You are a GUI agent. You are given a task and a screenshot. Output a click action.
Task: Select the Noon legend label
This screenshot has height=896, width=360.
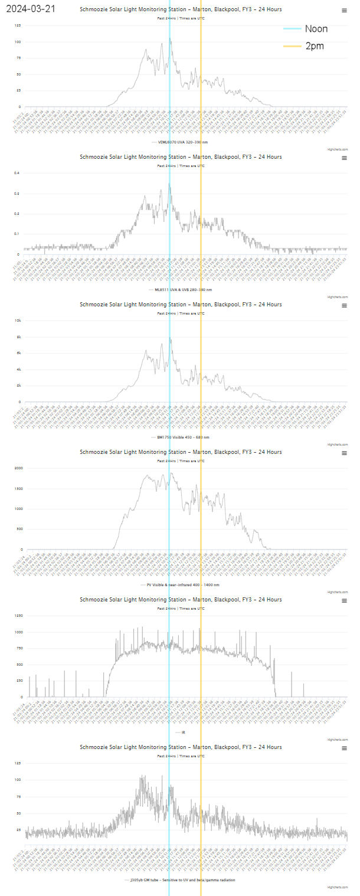pyautogui.click(x=316, y=29)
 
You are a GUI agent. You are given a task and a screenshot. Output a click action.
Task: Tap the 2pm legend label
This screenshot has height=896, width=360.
pyautogui.click(x=314, y=46)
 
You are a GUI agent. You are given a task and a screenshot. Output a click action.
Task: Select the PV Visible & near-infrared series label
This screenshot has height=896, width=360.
pyautogui.click(x=183, y=585)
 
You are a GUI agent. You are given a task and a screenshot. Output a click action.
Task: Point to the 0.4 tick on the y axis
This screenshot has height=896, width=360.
pyautogui.click(x=17, y=173)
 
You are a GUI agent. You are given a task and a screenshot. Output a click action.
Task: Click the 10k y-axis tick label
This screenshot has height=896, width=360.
pyautogui.click(x=18, y=321)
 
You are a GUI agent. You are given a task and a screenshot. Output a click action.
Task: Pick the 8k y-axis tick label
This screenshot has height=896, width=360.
pyautogui.click(x=18, y=336)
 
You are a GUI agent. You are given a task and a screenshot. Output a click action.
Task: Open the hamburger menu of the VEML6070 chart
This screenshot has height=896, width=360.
pyautogui.click(x=344, y=11)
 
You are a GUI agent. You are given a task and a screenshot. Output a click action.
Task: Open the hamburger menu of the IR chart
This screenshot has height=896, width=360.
pyautogui.click(x=344, y=601)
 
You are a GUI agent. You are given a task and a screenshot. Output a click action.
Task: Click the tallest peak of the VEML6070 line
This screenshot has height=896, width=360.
pyautogui.click(x=170, y=39)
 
